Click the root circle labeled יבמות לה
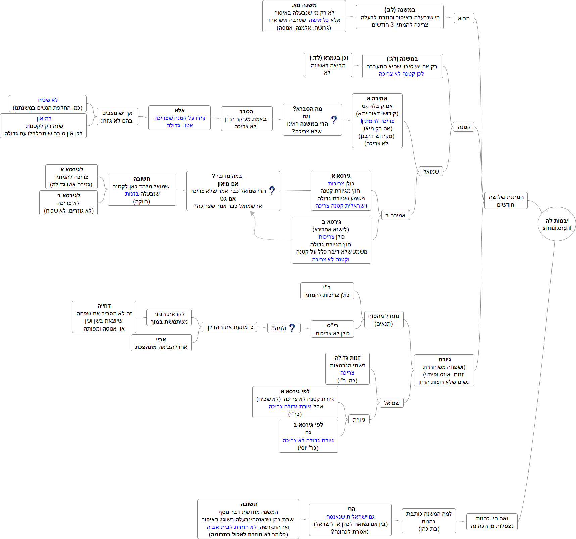[557, 223]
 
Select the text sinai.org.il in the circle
[557, 228]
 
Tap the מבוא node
[464, 18]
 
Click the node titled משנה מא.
[304, 16]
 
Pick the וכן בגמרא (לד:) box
[328, 65]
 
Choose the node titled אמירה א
[377, 121]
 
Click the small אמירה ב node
[395, 215]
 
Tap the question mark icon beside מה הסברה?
[334, 120]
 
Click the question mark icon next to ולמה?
[292, 328]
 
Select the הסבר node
[246, 119]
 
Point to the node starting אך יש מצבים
[117, 117]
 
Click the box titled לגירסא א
[71, 177]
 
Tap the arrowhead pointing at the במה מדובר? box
[252, 213]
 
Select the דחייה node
[104, 317]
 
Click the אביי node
[161, 343]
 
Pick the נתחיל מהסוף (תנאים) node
[384, 320]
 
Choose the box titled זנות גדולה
[347, 369]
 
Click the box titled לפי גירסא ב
[308, 436]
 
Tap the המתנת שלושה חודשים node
[506, 201]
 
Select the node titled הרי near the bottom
[350, 520]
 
